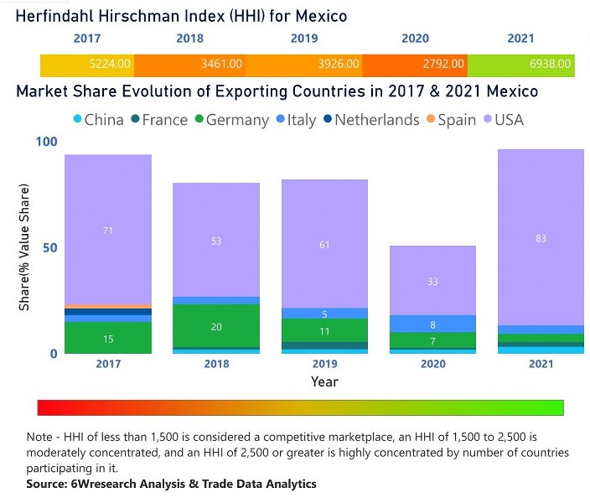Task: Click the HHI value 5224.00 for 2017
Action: coord(110,64)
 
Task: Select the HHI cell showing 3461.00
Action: coord(221,64)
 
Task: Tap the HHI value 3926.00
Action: coord(338,64)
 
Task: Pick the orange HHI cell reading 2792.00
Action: coord(442,64)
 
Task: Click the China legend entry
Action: coord(99,120)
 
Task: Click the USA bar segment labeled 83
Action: coord(540,238)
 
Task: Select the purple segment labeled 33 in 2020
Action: coord(432,281)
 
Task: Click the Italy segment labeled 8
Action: coord(432,324)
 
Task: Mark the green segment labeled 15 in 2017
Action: coord(108,338)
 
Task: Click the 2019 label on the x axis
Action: coord(324,365)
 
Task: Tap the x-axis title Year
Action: coord(324,381)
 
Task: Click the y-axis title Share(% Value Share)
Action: coord(25,247)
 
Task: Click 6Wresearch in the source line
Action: coord(97,484)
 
